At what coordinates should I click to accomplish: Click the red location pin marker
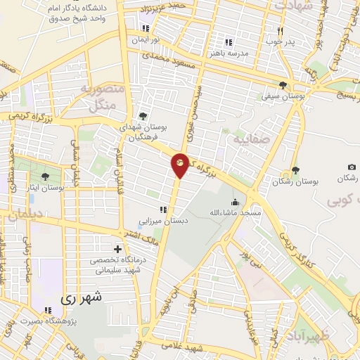click(181, 165)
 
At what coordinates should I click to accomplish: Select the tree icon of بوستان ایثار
click(46, 176)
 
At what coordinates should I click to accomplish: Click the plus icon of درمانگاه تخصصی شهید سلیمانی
click(117, 249)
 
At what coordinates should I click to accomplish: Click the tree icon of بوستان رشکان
click(295, 170)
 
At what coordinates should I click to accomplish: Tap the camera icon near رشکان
click(352, 167)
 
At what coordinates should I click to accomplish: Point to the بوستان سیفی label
click(283, 94)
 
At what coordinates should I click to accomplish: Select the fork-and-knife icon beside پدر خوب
click(280, 31)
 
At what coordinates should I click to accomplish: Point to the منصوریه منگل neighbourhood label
click(103, 98)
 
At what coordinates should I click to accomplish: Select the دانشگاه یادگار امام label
click(77, 13)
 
